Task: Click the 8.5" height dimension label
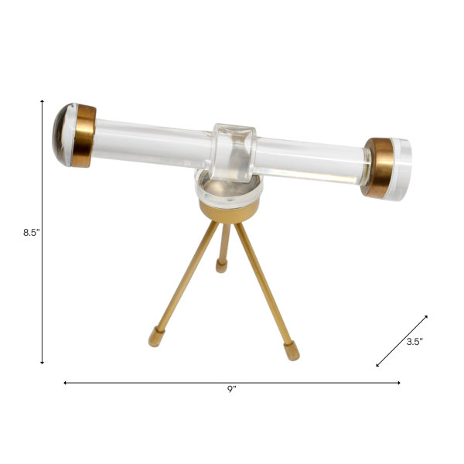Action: pos(32,233)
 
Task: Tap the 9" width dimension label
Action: pos(232,389)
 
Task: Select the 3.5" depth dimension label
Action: pos(415,342)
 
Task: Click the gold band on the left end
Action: pos(84,136)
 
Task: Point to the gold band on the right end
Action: pos(377,168)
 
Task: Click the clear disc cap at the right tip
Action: pos(401,169)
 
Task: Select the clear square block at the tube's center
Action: pos(234,152)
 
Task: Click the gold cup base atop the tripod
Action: pos(229,210)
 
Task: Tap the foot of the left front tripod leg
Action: pos(156,336)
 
